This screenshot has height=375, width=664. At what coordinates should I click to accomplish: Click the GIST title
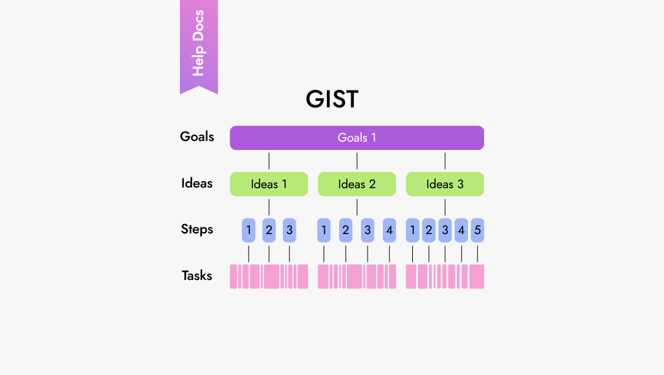coord(331,100)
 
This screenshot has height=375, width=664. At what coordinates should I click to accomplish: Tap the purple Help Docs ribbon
coord(199,44)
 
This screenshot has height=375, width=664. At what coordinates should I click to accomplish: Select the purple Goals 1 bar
coord(357,138)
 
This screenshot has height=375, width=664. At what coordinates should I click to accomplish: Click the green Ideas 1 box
coord(269,184)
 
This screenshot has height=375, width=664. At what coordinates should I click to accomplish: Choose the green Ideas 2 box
coord(357,184)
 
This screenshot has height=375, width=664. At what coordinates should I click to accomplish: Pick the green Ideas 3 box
coord(445,184)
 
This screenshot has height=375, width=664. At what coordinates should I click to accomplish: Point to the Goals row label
coord(197,137)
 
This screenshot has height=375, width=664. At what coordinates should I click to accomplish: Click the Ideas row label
coord(197,184)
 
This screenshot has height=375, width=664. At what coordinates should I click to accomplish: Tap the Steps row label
coord(197,230)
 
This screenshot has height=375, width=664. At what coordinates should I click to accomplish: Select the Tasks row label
coord(197,276)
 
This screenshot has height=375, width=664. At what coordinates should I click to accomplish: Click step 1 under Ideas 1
coord(249,230)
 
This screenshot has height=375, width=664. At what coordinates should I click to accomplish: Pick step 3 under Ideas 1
coord(289,230)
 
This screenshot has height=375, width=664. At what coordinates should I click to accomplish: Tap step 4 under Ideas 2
coord(388,230)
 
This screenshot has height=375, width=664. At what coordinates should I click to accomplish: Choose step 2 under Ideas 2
coord(346,230)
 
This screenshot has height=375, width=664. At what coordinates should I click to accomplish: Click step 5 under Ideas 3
coord(477,230)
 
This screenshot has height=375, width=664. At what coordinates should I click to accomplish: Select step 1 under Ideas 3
coord(412,230)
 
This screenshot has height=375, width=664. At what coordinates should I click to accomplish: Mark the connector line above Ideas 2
coord(357,161)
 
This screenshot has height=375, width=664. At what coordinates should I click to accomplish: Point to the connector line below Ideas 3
coord(445,207)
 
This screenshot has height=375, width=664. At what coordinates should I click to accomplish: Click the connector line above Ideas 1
coord(269,161)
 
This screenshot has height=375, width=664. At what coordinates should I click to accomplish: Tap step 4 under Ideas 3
coord(461,230)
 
